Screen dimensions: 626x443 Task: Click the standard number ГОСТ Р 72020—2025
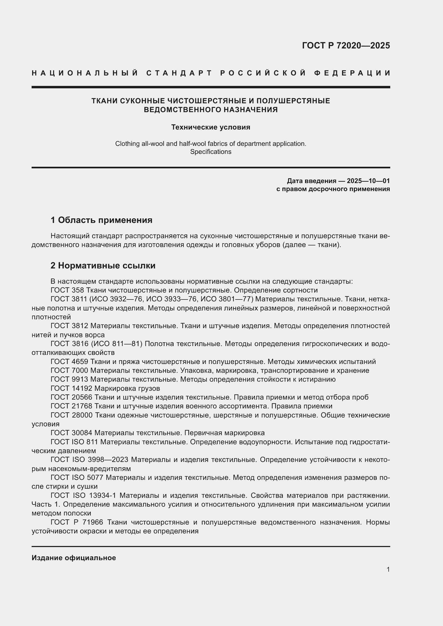pos(346,45)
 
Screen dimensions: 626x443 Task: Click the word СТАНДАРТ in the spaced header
pos(179,73)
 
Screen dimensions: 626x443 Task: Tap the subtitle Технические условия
pos(211,127)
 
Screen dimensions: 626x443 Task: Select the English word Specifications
pos(211,151)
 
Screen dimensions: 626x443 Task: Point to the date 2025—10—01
pos(368,181)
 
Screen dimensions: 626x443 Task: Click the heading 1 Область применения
pos(102,220)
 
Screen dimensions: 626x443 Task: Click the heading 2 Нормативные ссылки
pos(103,265)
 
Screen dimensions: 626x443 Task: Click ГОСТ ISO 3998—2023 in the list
pos(89,460)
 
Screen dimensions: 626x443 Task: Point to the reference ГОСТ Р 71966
pos(77,522)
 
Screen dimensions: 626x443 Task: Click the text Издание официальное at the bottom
pos(74,558)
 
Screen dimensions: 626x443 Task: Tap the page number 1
pos(388,569)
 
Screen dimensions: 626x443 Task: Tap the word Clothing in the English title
pos(126,143)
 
